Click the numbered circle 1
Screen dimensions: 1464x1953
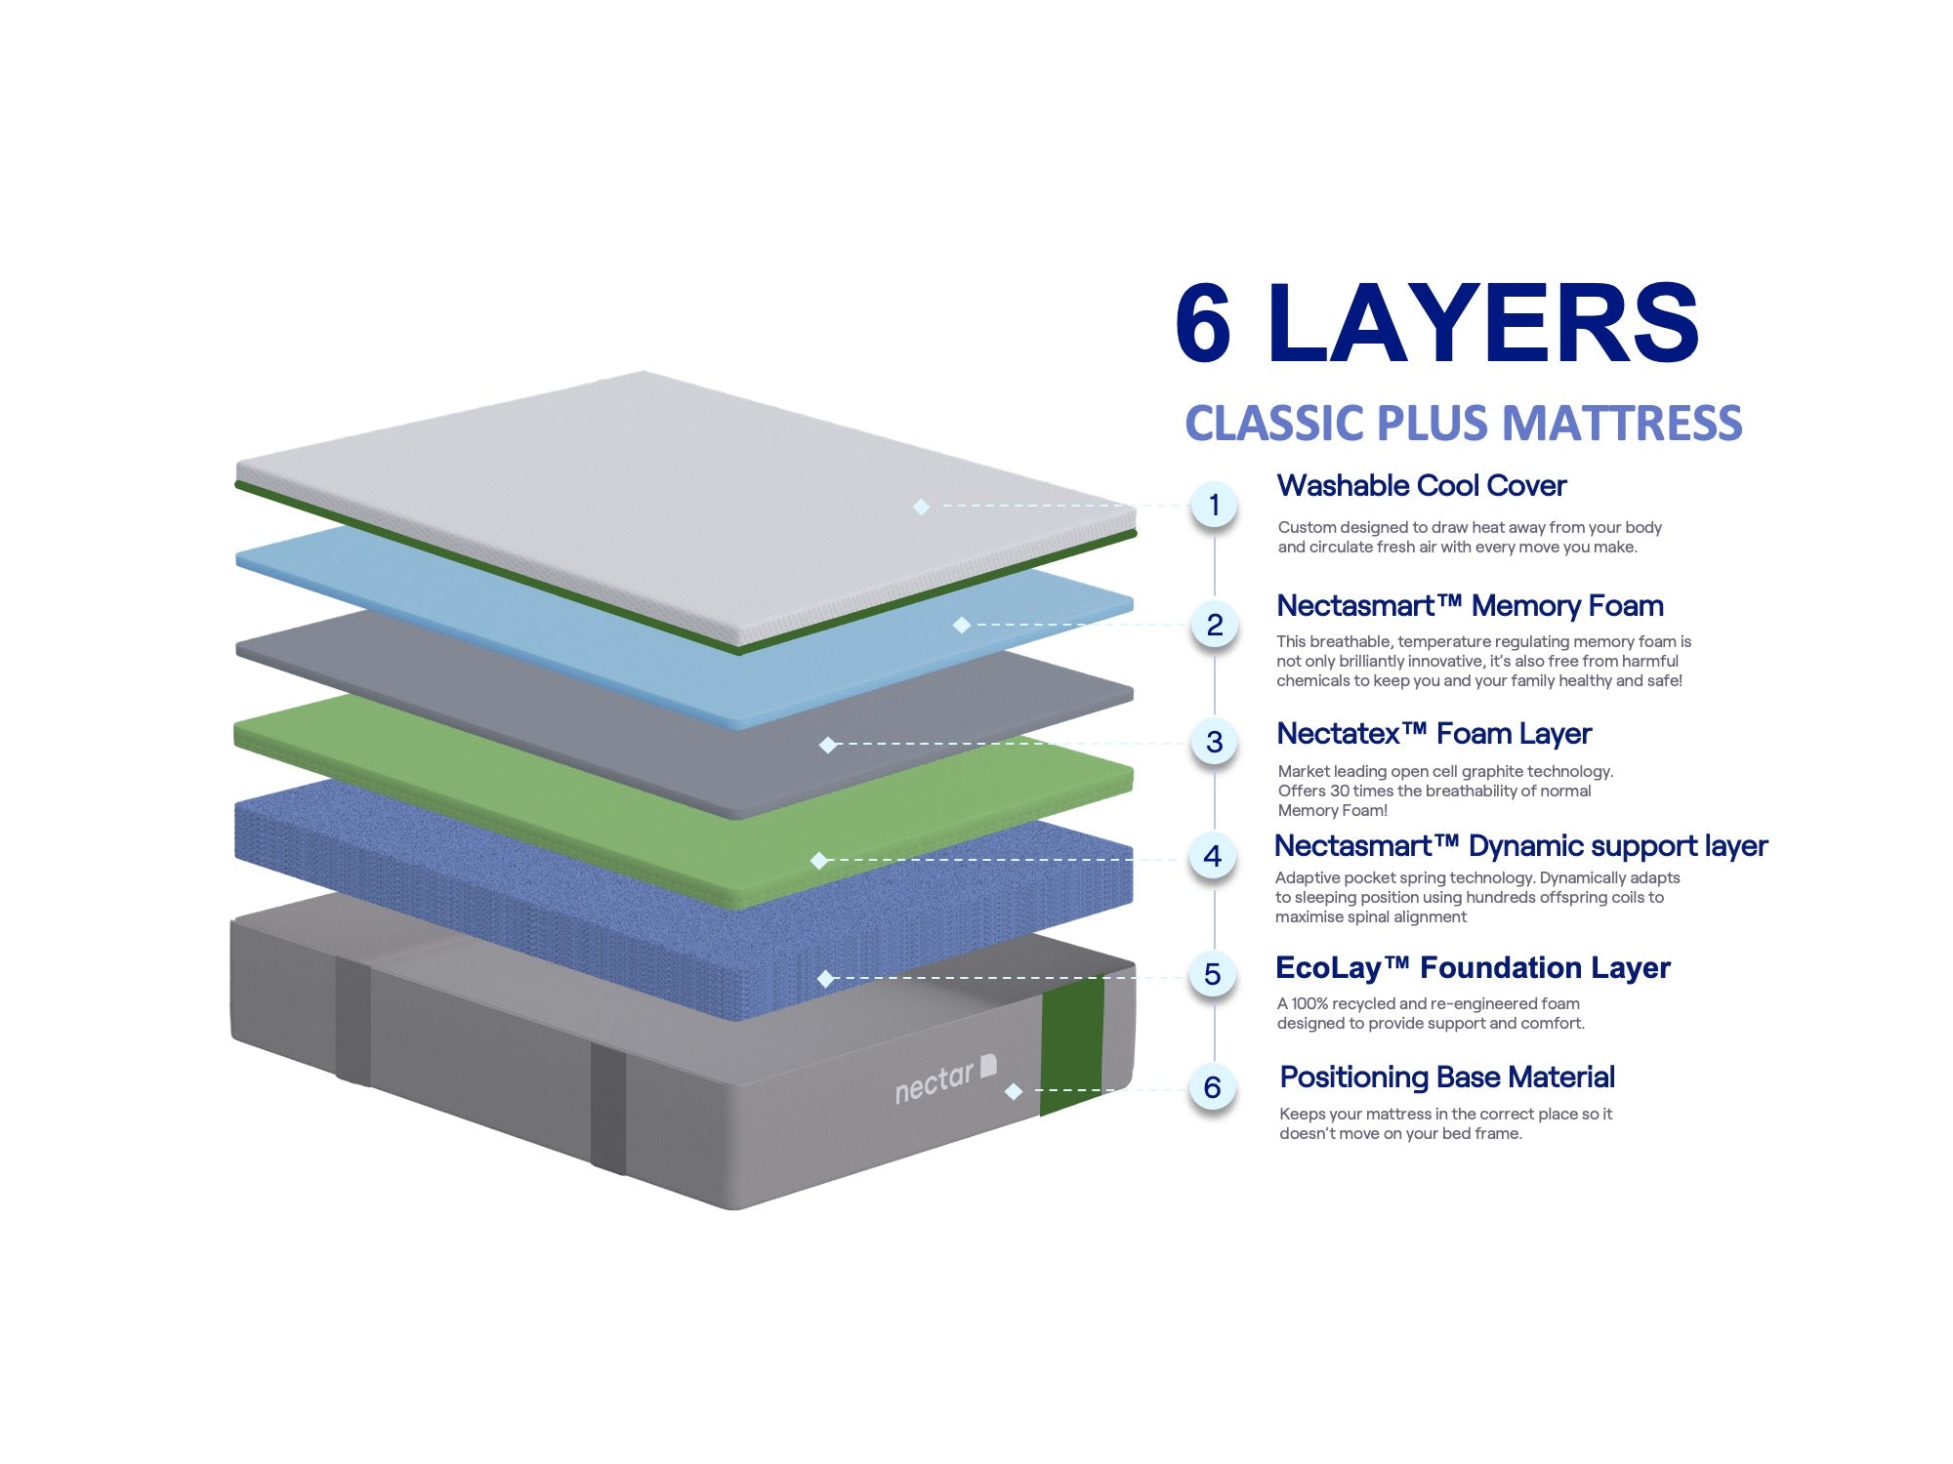[x=1214, y=505]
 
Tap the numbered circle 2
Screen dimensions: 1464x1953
[x=1214, y=625]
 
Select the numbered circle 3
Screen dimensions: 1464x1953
[x=1214, y=742]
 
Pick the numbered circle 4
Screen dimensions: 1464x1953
[x=1213, y=856]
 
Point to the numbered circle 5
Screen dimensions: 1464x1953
[x=1213, y=973]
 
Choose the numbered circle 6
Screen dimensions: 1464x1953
[x=1213, y=1087]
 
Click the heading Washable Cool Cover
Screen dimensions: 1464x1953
[x=1421, y=485]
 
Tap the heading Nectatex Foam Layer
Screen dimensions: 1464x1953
[x=1434, y=733]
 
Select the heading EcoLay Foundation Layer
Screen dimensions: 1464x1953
[x=1473, y=967]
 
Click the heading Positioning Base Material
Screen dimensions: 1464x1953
[x=1446, y=1078]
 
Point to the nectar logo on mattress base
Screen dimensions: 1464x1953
[x=944, y=1079]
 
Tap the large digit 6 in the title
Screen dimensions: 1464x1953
[x=1204, y=324]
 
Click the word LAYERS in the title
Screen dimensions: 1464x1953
[x=1482, y=324]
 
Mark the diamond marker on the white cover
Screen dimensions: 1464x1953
[x=921, y=506]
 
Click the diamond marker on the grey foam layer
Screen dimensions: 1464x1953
[x=828, y=745]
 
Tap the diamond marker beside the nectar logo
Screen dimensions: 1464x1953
[x=1014, y=1091]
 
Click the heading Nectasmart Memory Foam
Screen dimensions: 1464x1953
[x=1470, y=606]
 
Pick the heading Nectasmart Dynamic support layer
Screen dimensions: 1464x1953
[x=1520, y=845]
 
